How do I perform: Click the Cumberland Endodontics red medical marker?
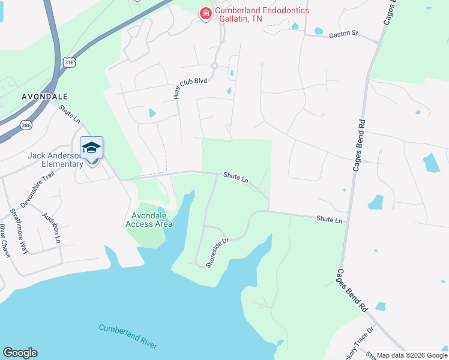coord(205,13)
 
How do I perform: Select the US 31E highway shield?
coord(70,62)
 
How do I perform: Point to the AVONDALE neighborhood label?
coord(44,96)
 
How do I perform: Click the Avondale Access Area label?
coord(149,220)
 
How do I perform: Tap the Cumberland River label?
coord(128,336)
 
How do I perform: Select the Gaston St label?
coord(343,35)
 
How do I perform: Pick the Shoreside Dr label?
coord(218,252)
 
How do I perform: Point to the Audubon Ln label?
coord(52,227)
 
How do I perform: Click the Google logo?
coord(20,353)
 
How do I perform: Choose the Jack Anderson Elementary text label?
coord(55,160)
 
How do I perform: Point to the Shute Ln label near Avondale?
coord(70,114)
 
